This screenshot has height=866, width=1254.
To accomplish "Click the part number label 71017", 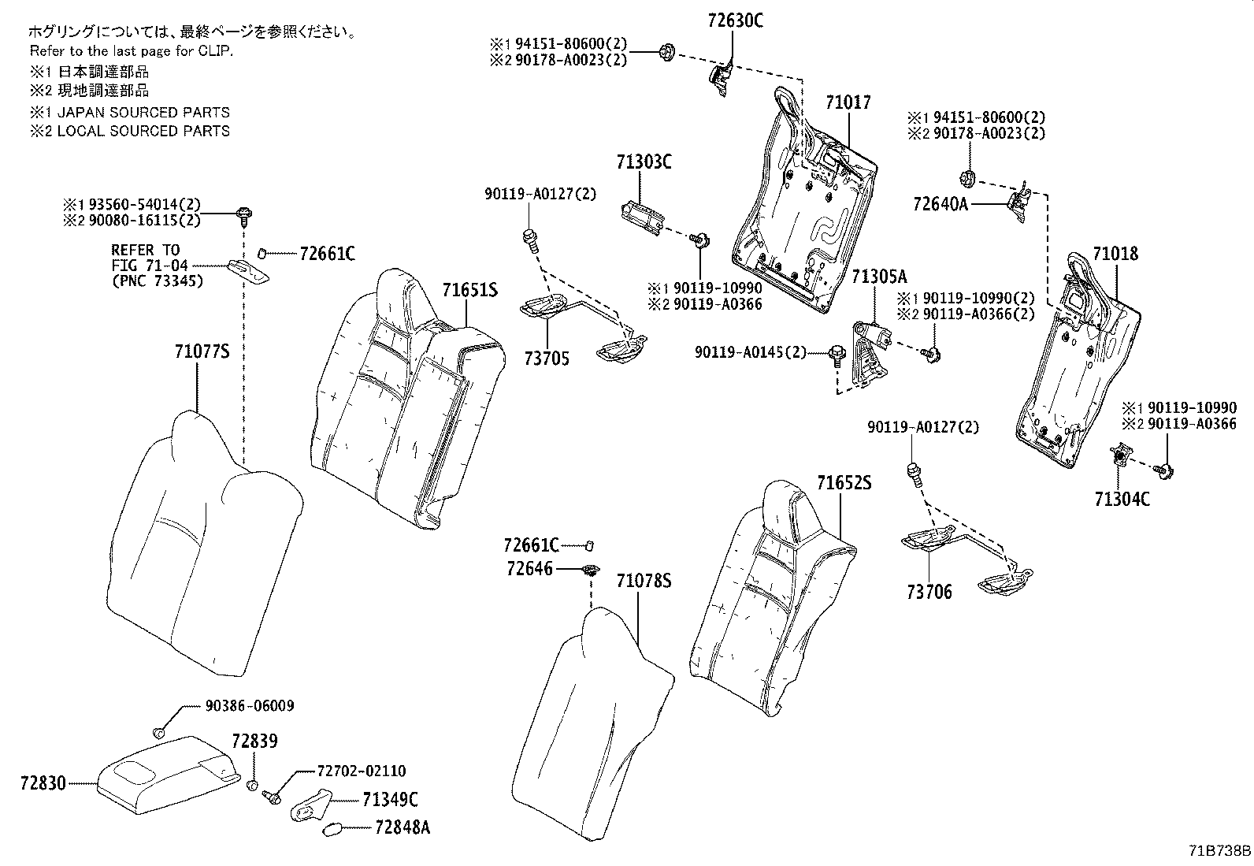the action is point(848,102).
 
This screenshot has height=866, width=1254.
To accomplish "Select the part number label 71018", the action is point(1115,254).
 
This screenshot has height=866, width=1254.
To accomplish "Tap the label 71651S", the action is point(469,290).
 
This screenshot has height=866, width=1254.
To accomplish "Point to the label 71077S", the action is point(202,351).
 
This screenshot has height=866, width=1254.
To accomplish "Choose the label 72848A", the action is point(403,827).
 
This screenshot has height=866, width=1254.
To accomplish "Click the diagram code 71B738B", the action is point(1220,851).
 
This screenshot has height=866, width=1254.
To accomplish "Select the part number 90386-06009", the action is point(250,706).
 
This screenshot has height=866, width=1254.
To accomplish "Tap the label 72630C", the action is point(735,20).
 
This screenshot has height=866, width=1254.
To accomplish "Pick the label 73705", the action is point(547,359).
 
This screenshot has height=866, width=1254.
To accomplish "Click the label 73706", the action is point(929,592).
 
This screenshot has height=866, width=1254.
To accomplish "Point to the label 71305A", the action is point(880,277).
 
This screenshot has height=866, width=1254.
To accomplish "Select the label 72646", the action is point(529,569).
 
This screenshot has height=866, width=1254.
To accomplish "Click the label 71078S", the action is point(644,581).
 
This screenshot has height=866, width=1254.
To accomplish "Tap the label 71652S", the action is point(844,483).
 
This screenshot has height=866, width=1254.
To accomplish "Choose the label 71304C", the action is point(1122,499).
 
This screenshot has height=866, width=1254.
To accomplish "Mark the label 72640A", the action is point(940,204).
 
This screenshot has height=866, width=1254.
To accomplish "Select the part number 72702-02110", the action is point(361,771).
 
